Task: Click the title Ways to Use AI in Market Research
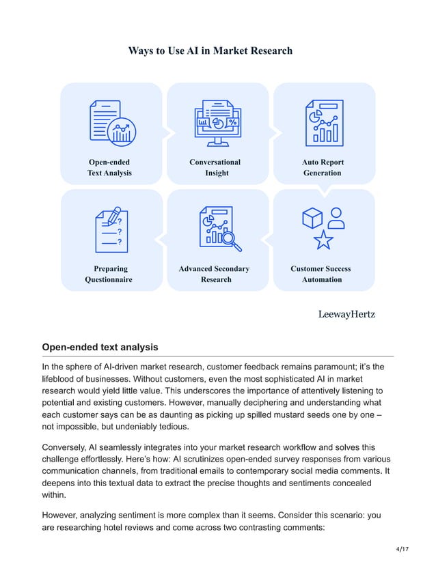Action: point(210,51)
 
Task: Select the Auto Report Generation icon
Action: point(325,123)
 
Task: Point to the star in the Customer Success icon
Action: point(323,240)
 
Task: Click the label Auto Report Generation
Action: point(323,167)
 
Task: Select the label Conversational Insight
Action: point(215,167)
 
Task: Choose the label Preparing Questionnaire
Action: point(109,274)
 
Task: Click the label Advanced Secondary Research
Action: point(215,274)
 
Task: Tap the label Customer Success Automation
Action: point(321,274)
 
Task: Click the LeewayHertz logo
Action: point(346,313)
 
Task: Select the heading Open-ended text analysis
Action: point(100,347)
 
